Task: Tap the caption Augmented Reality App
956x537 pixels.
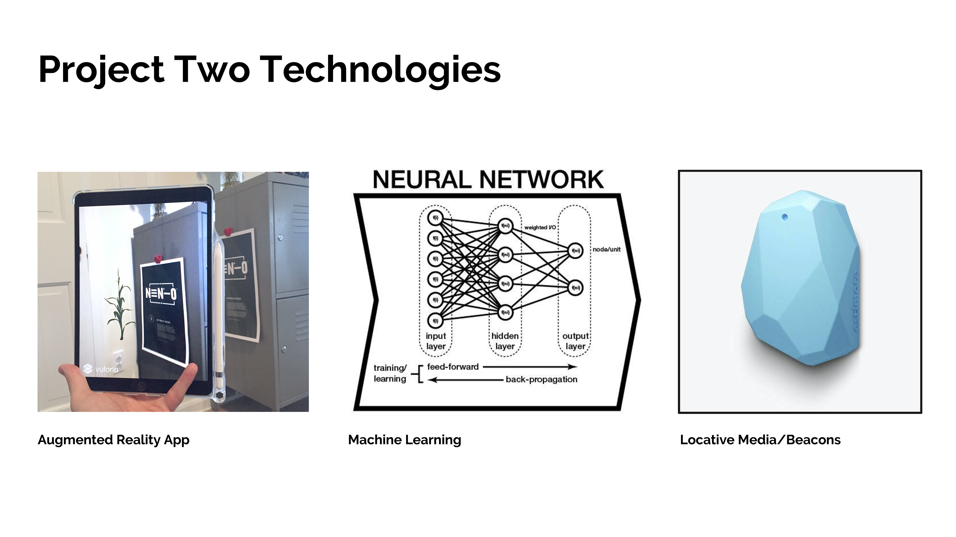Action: coord(114,440)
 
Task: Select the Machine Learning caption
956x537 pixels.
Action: coord(405,440)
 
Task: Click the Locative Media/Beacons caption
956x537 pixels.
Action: coord(760,440)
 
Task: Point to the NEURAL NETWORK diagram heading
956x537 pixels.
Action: coord(488,180)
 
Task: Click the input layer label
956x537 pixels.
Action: coord(436,341)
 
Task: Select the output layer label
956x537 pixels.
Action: coord(575,341)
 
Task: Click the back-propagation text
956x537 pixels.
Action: coord(541,379)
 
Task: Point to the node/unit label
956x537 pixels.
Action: coord(606,249)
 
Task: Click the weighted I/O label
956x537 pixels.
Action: coord(540,227)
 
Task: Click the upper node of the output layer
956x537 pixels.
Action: coord(575,251)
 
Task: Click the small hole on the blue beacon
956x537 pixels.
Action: coord(784,217)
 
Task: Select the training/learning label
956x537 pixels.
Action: coord(390,373)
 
